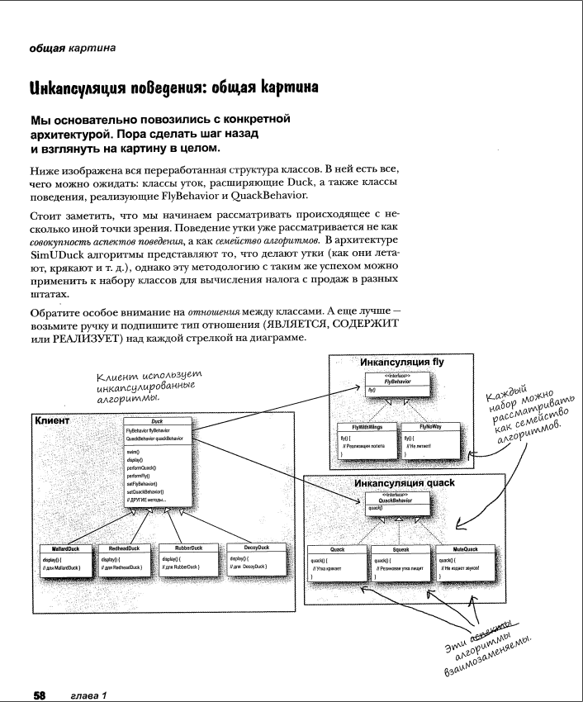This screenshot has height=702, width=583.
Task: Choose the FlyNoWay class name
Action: click(431, 427)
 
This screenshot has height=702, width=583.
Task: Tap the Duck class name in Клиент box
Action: click(157, 420)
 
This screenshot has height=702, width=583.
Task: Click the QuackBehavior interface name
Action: click(397, 500)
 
